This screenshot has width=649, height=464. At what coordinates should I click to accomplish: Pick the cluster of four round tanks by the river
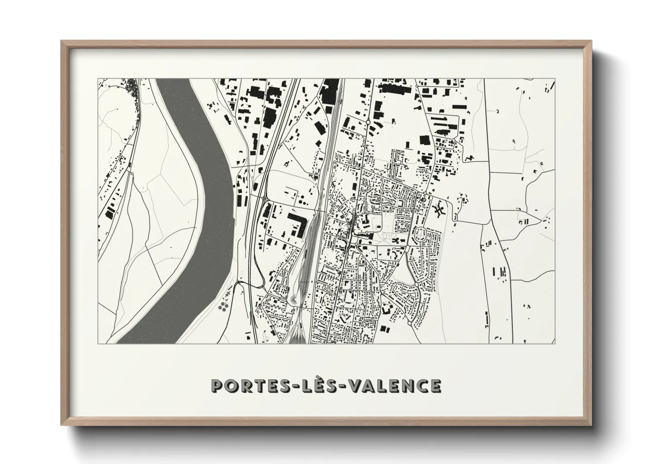[223, 307]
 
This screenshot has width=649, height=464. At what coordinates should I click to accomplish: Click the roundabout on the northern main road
[368, 122]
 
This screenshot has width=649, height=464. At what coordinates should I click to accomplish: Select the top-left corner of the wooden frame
[63, 42]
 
